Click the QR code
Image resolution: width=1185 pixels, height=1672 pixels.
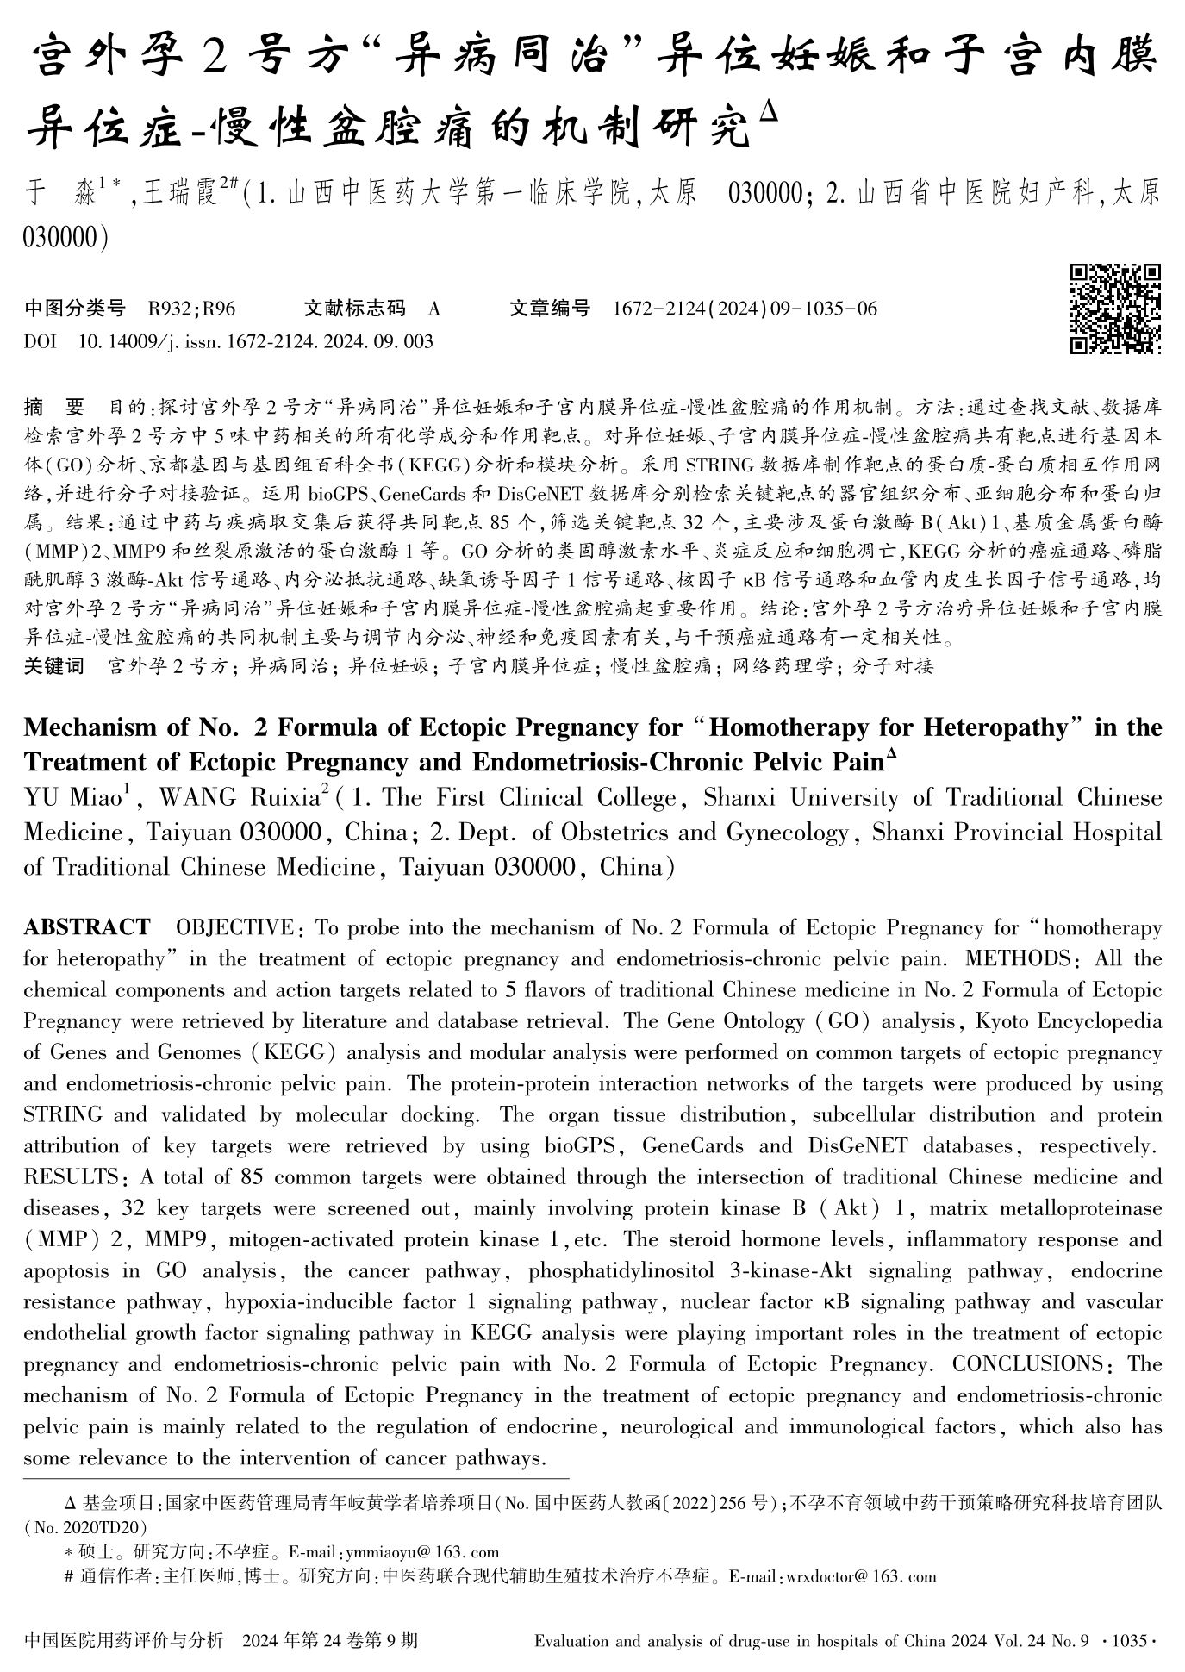pyautogui.click(x=1115, y=309)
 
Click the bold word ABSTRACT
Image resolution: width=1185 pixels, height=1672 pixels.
pyautogui.click(x=86, y=928)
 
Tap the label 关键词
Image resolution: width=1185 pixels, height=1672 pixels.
pyautogui.click(x=53, y=665)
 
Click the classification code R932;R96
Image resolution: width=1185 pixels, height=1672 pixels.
pyautogui.click(x=192, y=308)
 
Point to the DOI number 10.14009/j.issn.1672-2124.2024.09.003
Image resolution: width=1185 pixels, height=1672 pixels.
pyautogui.click(x=255, y=342)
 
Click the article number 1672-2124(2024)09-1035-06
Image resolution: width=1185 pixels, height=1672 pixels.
pyautogui.click(x=744, y=308)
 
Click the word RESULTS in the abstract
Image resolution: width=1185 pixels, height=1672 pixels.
pyautogui.click(x=72, y=1177)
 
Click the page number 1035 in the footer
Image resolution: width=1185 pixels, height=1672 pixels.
pyautogui.click(x=1130, y=1640)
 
